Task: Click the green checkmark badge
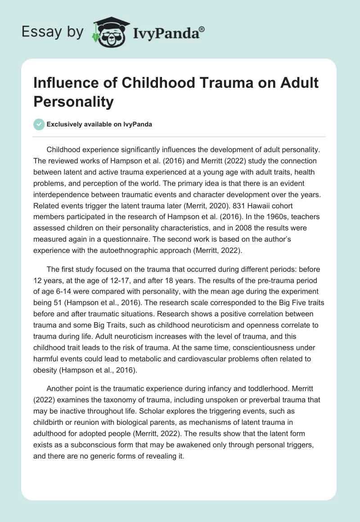40,124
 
